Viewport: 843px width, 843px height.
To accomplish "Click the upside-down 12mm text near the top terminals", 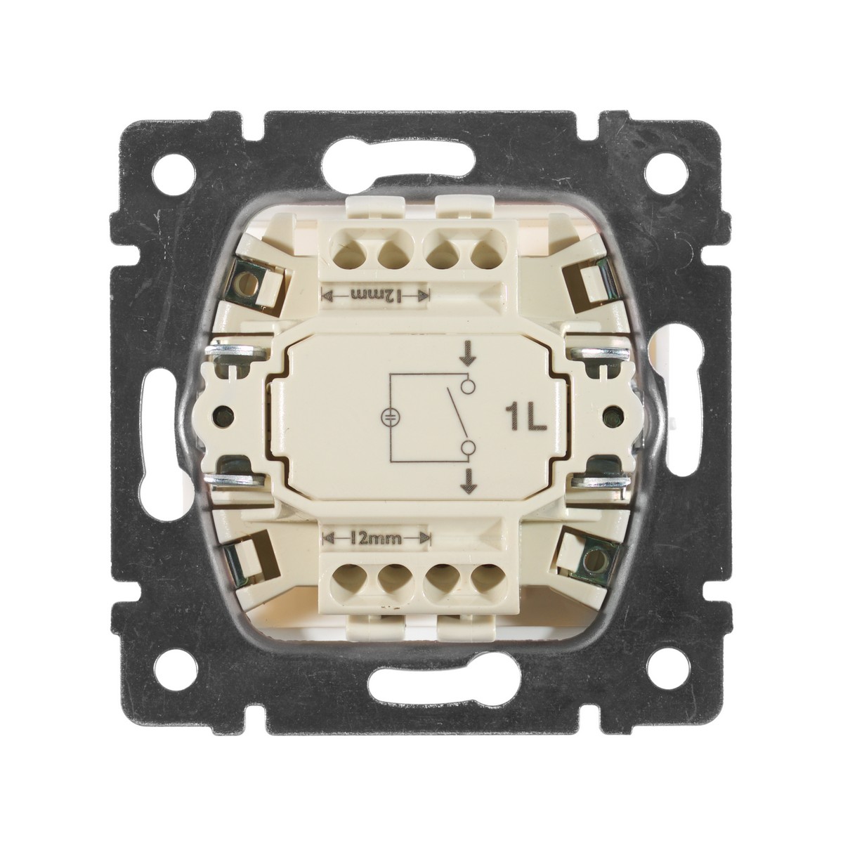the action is click(x=376, y=295).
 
